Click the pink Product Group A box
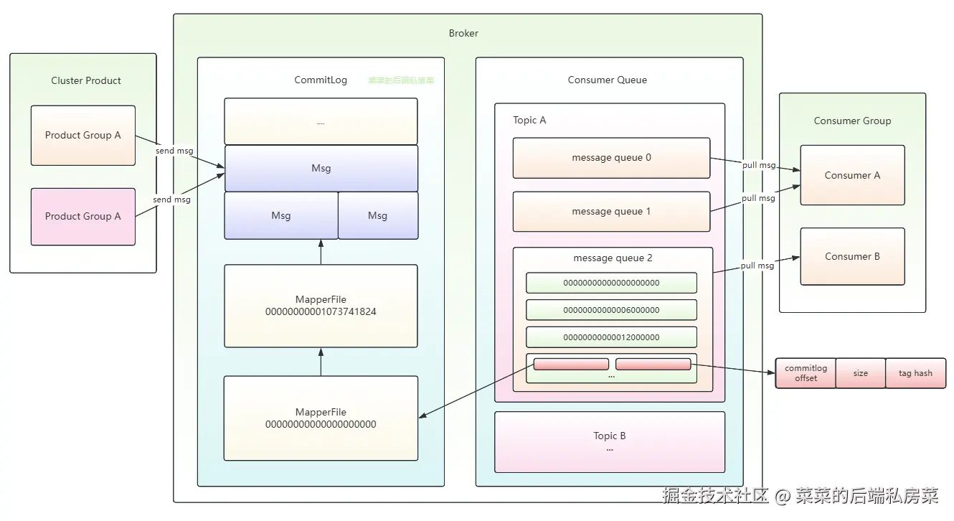point(83,216)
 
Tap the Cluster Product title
point(86,80)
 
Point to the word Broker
point(463,33)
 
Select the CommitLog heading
point(321,80)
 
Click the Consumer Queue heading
point(607,80)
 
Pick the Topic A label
point(529,120)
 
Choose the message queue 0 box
point(611,158)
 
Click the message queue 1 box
point(611,212)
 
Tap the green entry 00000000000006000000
point(611,310)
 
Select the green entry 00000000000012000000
point(611,337)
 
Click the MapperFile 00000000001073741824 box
point(321,306)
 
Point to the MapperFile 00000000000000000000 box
point(321,418)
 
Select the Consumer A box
point(852,175)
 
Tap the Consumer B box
point(852,256)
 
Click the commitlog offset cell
point(806,373)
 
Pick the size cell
point(861,373)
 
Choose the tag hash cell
point(915,373)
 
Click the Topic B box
point(610,441)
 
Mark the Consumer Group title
point(852,121)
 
